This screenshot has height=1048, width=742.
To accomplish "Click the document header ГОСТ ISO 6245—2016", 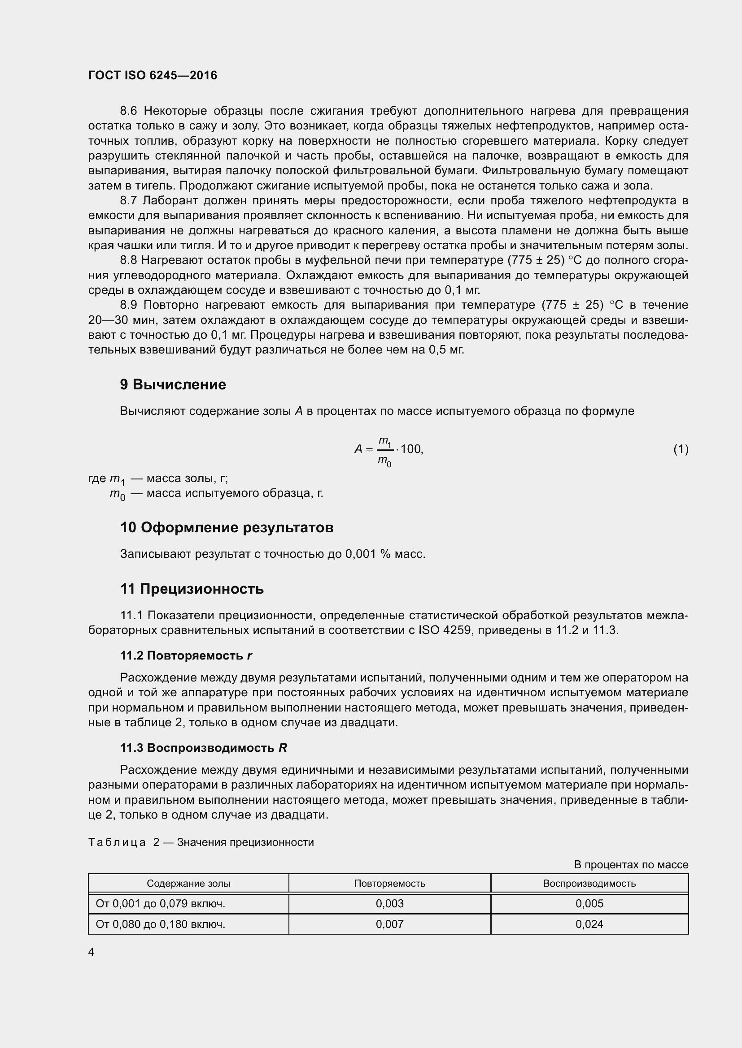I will (x=153, y=75).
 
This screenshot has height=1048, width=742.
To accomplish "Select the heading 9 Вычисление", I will (x=173, y=384).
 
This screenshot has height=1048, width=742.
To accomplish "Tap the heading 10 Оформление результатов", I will (x=227, y=527).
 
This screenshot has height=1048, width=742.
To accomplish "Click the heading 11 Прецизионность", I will (x=192, y=589).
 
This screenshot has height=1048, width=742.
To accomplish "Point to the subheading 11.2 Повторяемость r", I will (x=186, y=656).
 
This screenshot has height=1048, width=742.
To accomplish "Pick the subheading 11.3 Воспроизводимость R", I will (x=203, y=748).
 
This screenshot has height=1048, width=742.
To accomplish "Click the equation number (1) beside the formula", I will (x=681, y=449).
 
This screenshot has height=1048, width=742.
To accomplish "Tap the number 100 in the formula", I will (x=411, y=449).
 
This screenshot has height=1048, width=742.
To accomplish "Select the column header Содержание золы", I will (x=188, y=883).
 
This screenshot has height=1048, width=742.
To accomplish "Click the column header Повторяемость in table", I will (x=389, y=883).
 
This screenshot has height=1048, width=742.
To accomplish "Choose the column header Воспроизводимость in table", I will (x=589, y=883).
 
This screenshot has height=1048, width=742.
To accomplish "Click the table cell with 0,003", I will (x=389, y=903).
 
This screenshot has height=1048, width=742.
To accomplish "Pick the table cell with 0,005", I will (x=589, y=903).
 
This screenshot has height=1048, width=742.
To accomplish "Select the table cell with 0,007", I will (x=389, y=924).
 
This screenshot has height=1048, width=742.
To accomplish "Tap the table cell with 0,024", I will (x=589, y=924).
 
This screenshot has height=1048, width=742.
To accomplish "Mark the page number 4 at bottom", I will (x=92, y=952).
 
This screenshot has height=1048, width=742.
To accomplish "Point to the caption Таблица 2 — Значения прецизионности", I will (x=201, y=842).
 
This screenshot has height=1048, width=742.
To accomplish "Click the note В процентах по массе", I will (x=630, y=864).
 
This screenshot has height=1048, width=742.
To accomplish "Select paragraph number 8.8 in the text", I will (x=128, y=260).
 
